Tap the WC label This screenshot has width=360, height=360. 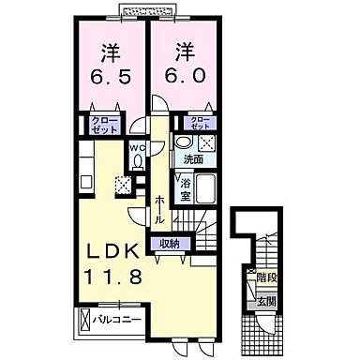tap(137, 146)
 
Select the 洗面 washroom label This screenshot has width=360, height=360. tap(192, 159)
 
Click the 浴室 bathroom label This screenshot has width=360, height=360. tap(185, 190)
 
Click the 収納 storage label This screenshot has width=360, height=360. tap(168, 244)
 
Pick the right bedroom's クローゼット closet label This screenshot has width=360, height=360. tap(199, 123)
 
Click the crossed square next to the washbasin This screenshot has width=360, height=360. tap(207, 143)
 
